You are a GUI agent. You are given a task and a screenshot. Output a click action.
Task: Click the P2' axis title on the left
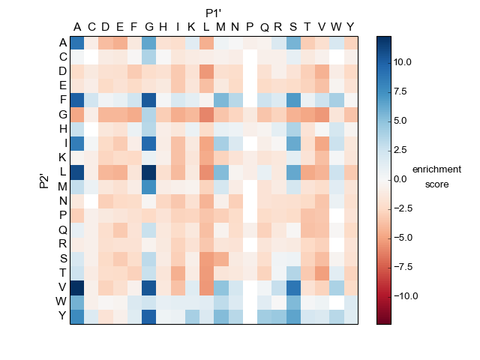click(x=44, y=180)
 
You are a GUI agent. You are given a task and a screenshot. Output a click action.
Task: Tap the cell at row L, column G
click(x=148, y=172)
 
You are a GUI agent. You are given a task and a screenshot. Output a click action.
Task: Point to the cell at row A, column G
click(x=148, y=43)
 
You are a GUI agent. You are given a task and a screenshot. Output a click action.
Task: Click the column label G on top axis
click(x=148, y=28)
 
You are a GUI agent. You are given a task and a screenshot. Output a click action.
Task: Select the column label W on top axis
click(x=336, y=28)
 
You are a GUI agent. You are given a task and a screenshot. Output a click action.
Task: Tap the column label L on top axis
click(x=206, y=28)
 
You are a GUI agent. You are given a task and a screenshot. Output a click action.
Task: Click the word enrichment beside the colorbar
click(x=436, y=169)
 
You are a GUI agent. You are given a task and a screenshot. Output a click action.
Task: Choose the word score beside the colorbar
click(x=436, y=184)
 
